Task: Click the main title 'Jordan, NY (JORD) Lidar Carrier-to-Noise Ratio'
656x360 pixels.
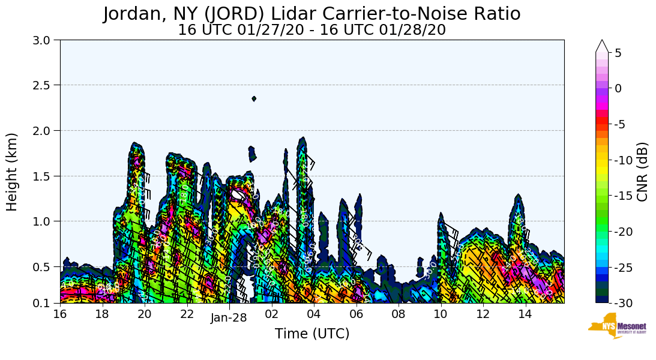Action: pos(311,13)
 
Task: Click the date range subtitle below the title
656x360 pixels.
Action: pos(311,29)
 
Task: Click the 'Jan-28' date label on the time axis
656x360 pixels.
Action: pos(229,318)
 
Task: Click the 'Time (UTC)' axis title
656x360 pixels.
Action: pos(311,334)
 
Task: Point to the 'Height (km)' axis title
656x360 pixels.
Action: pos(12,172)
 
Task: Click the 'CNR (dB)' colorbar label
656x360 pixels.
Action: pos(642,172)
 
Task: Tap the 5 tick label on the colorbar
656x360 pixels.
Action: pos(618,53)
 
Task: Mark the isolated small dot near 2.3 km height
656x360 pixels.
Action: pos(254,99)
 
